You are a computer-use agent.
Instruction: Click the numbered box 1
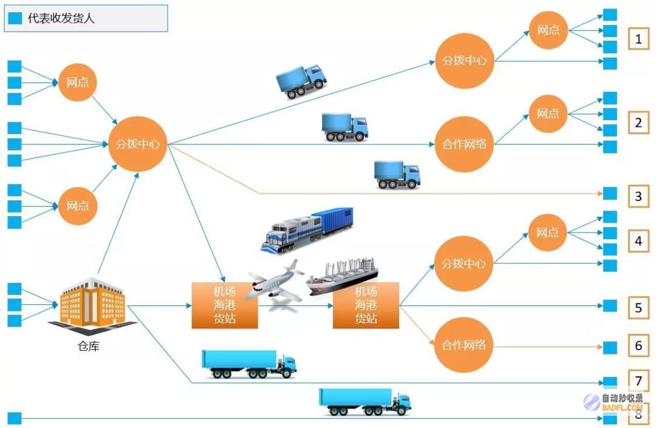[638, 39]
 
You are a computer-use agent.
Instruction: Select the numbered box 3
[638, 196]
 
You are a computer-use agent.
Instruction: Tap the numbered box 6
[638, 345]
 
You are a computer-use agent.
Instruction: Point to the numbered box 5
[638, 308]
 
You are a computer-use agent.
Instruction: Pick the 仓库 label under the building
[88, 346]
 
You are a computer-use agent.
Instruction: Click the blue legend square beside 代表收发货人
[15, 18]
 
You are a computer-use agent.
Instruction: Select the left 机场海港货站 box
[225, 305]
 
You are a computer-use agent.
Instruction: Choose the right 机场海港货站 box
[366, 305]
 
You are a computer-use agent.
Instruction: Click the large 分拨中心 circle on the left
[138, 144]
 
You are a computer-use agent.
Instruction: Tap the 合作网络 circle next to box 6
[463, 345]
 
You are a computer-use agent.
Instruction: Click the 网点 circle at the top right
[548, 30]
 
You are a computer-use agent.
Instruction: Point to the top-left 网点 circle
[77, 83]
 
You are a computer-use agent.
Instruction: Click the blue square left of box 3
[610, 193]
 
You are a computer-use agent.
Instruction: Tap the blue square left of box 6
[610, 347]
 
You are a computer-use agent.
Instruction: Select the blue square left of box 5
[610, 305]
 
